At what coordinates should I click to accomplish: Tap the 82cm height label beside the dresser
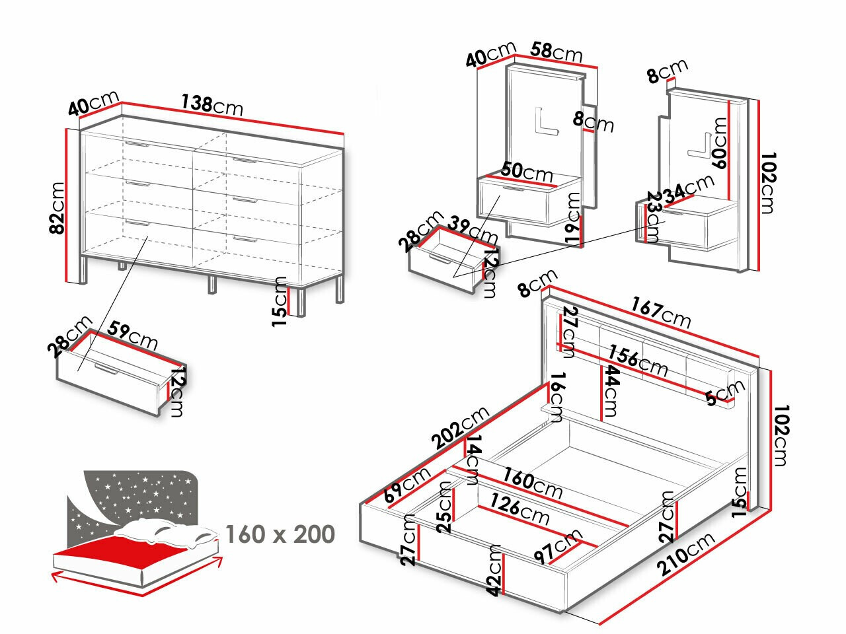tap(58, 207)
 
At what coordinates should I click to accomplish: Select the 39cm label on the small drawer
tap(473, 229)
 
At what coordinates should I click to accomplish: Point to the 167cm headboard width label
tap(661, 312)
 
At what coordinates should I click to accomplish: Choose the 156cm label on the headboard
tap(638, 360)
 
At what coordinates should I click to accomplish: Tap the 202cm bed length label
tap(461, 427)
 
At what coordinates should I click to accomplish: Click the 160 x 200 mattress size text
tap(280, 534)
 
